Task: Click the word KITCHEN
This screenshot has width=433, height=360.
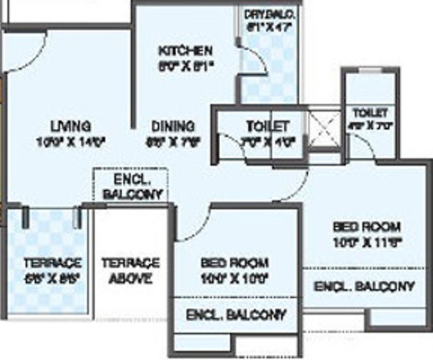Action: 185,50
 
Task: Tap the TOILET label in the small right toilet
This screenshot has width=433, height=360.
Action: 370,113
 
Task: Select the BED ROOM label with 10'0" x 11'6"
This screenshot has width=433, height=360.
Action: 366,226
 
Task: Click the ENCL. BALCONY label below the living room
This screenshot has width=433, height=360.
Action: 132,187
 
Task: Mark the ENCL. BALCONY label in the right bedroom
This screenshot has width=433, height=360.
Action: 365,286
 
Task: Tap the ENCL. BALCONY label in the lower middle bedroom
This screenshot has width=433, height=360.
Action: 235,315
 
